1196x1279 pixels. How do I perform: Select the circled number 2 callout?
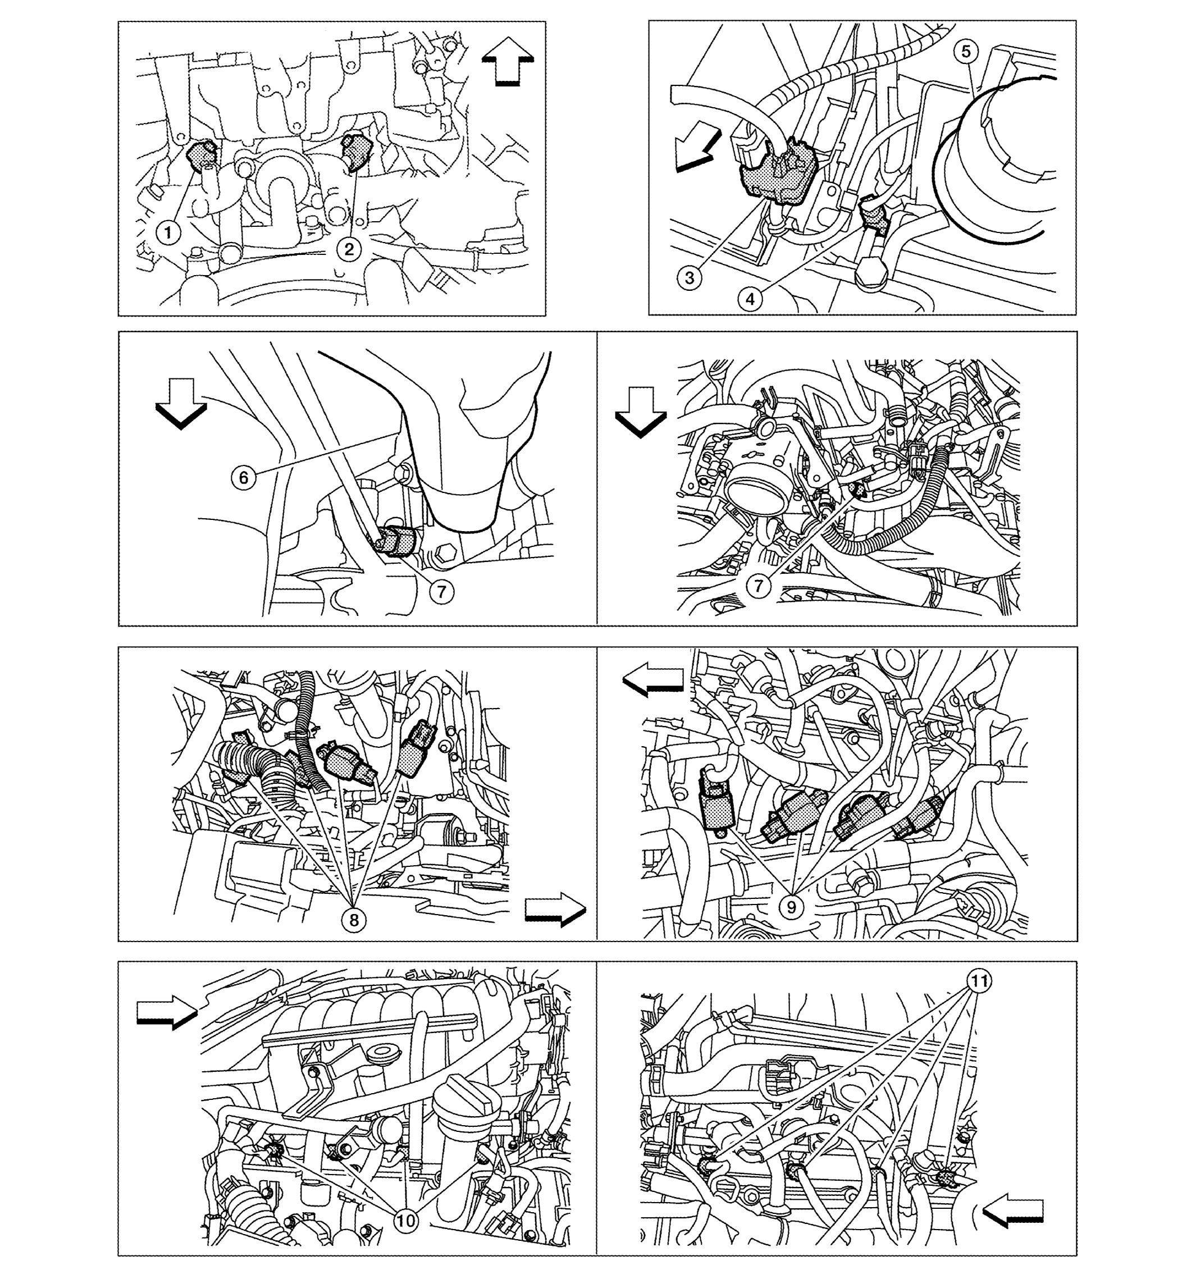349,249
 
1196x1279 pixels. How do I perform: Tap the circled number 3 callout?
689,278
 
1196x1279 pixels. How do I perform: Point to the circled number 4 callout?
750,299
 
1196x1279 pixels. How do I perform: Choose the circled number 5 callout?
966,52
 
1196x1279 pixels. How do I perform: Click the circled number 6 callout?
244,477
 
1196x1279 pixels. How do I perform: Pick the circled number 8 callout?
354,920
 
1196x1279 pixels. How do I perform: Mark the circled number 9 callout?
791,907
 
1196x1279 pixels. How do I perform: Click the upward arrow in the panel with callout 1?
508,61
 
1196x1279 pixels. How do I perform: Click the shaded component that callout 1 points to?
202,154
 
